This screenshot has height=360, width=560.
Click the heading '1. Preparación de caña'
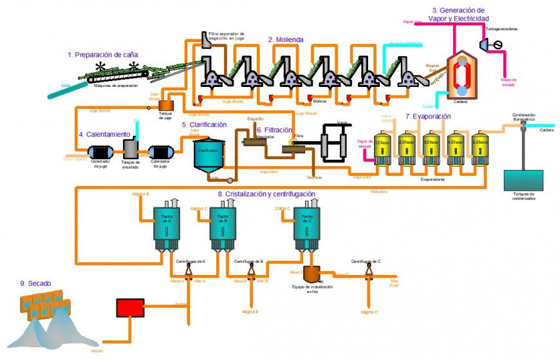[103, 55]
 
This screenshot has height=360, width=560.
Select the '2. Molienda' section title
[286, 40]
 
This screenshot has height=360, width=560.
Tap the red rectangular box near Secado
[130, 307]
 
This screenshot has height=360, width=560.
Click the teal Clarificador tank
[209, 155]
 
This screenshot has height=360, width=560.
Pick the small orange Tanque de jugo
[166, 104]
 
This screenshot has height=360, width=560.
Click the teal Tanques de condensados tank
[522, 180]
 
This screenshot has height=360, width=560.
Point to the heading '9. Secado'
[36, 283]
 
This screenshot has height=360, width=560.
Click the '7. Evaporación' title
[428, 117]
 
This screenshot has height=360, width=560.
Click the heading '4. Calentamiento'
[104, 135]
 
